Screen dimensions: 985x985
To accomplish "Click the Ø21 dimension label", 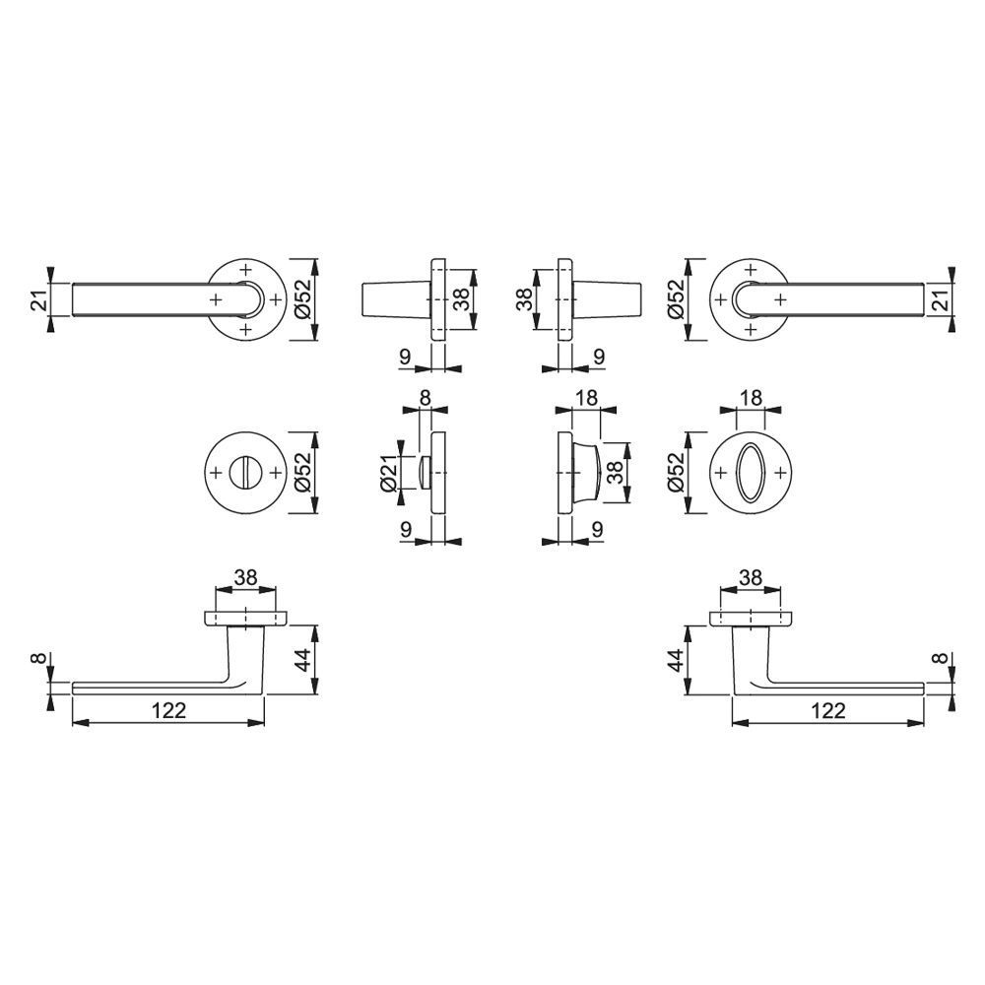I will pos(388,473).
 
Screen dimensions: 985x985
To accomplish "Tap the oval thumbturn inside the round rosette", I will pos(751,473).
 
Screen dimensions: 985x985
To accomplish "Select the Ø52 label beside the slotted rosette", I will pos(304,473).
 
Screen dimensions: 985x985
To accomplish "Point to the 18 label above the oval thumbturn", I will pos(751,398).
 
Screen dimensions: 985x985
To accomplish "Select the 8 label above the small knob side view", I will pos(426,398).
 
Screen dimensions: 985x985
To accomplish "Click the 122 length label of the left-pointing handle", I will pos(168,710).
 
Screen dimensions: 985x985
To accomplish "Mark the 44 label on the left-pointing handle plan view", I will pos(305,659).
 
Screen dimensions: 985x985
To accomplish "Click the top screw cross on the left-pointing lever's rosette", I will pos(245,270).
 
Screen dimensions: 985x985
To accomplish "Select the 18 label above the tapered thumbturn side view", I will pos(585,398).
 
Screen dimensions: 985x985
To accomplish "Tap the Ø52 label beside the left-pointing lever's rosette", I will pos(304,300).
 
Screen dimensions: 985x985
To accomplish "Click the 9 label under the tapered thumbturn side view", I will pos(599,527).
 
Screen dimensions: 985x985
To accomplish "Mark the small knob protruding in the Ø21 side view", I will pos(425,473).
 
